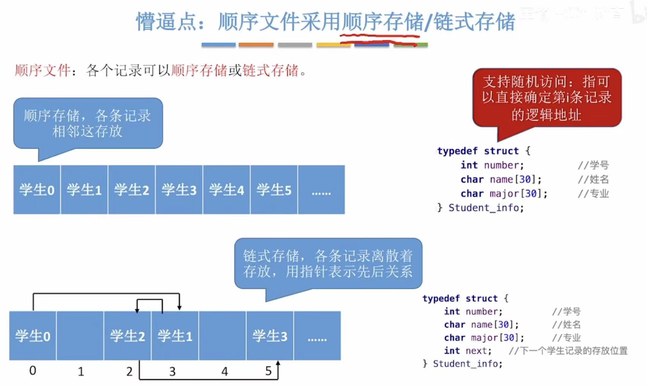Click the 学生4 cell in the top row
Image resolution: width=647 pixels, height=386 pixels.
tap(226, 190)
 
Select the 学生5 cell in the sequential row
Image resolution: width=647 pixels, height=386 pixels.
tap(274, 190)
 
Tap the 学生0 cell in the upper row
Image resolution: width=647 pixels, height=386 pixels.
tap(37, 190)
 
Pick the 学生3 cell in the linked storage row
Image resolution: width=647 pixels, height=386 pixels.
tap(270, 336)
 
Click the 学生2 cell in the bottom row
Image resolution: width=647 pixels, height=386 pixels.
tap(127, 336)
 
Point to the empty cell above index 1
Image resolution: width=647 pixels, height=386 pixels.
tap(80, 336)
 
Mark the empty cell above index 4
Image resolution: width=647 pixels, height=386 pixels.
tap(222, 336)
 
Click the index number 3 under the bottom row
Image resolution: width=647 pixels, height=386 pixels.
tap(172, 371)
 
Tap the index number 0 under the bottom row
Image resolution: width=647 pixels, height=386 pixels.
tap(33, 370)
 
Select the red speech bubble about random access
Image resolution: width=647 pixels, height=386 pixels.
tap(546, 98)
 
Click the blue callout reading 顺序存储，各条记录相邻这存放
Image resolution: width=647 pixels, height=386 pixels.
tap(88, 123)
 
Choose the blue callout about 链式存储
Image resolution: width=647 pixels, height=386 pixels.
tap(328, 263)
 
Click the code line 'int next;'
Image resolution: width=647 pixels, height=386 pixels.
tap(468, 351)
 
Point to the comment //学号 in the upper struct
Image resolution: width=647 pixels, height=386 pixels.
tap(593, 165)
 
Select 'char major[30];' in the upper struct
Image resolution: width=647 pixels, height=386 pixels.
tap(504, 194)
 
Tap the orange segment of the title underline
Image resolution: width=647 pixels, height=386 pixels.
tap(256, 45)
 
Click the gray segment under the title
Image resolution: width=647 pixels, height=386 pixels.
tap(295, 45)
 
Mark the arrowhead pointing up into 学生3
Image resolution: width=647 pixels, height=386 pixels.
tap(278, 364)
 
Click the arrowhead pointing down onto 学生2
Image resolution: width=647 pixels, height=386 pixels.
tap(137, 310)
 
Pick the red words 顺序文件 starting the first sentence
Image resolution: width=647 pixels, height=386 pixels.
tap(42, 71)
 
